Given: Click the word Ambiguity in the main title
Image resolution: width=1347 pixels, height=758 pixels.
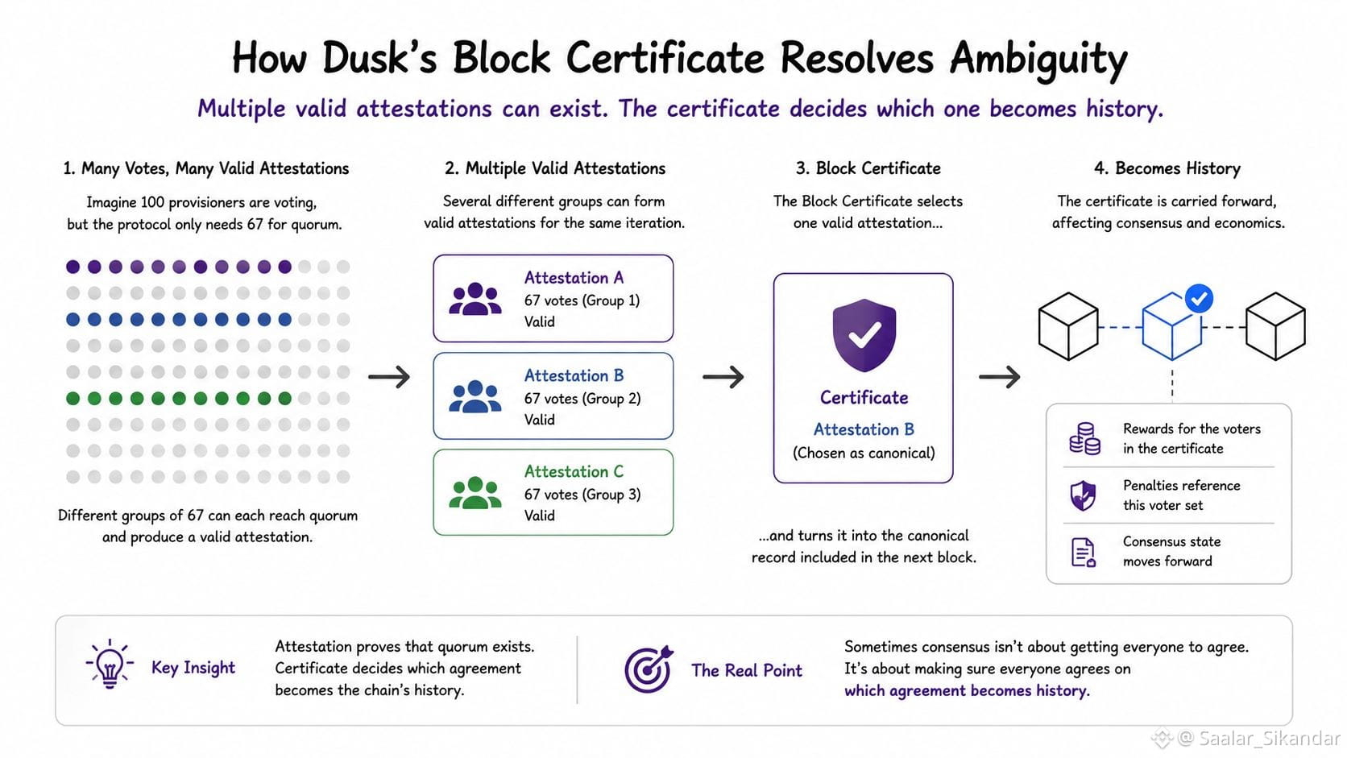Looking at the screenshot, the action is [1038, 60].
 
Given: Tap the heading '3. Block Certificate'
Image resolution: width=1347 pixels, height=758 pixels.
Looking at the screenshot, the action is [868, 168].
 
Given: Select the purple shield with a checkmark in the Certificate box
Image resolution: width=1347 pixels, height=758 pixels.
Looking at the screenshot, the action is [864, 335].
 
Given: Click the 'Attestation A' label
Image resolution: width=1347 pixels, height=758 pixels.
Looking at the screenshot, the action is [574, 278].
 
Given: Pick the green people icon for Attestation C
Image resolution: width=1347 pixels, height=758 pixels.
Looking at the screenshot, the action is [475, 493].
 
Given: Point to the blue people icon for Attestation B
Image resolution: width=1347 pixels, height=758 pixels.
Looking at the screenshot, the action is [475, 396].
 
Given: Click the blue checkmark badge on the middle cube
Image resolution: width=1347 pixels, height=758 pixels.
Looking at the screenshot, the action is [1199, 299].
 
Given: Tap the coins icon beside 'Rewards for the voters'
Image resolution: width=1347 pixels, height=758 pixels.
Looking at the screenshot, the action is [1085, 438].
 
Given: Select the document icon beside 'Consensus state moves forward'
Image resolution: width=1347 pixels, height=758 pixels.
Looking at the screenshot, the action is [1083, 552].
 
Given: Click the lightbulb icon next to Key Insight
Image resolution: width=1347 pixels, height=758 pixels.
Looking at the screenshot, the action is [110, 664].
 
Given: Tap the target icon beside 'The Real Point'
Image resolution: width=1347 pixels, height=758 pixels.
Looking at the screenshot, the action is [649, 669].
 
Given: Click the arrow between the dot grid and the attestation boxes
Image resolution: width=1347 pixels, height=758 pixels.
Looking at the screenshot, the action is [389, 377].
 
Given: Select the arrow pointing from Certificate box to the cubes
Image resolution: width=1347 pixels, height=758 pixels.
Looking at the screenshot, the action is [1000, 377].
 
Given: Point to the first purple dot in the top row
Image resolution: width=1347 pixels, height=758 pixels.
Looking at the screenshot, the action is [73, 267].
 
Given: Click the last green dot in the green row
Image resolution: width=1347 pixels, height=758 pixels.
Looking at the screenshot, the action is [285, 398].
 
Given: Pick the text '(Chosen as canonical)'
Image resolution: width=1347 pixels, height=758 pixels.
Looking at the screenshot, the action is [864, 453].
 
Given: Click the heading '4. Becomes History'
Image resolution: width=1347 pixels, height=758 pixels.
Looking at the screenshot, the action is [1167, 168].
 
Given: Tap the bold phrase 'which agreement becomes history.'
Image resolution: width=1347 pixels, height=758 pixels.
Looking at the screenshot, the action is [967, 690].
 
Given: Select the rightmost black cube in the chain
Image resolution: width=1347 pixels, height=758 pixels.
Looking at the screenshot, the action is [1275, 326].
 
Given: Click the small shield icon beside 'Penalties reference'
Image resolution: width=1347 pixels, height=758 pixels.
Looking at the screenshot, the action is [1083, 495].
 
